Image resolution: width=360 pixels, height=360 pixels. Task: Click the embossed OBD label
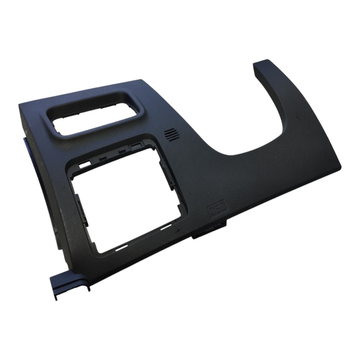[217, 209]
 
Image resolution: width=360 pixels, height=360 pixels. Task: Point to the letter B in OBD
[217, 209]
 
